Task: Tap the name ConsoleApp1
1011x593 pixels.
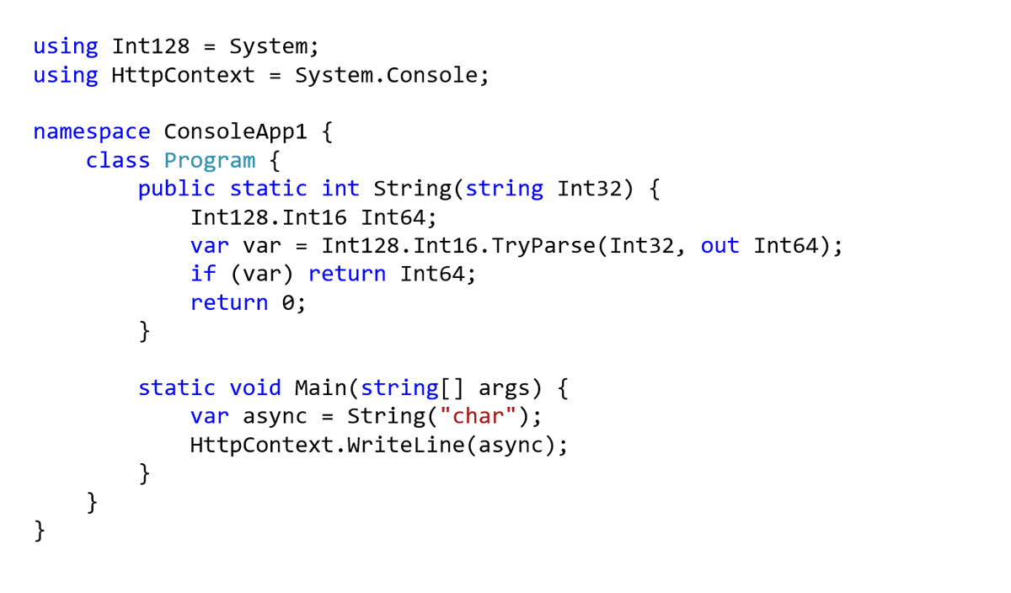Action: pyautogui.click(x=235, y=131)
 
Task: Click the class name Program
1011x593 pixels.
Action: pyautogui.click(x=210, y=161)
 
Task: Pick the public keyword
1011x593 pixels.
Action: pyautogui.click(x=176, y=189)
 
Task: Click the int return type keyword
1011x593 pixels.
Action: pyautogui.click(x=340, y=188)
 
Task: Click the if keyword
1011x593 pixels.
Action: pyautogui.click(x=203, y=274)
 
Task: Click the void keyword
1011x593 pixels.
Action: pyautogui.click(x=255, y=388)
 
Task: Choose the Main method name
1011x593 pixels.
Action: pyautogui.click(x=320, y=388)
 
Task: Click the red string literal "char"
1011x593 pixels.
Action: pyautogui.click(x=478, y=416)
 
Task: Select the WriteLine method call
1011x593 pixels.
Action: pyautogui.click(x=406, y=445)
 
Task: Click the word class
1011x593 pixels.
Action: pyautogui.click(x=117, y=161)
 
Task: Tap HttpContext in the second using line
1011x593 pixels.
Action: pyautogui.click(x=183, y=75)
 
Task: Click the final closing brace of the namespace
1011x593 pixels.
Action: pyautogui.click(x=40, y=531)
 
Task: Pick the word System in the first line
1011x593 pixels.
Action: pyautogui.click(x=268, y=46)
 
